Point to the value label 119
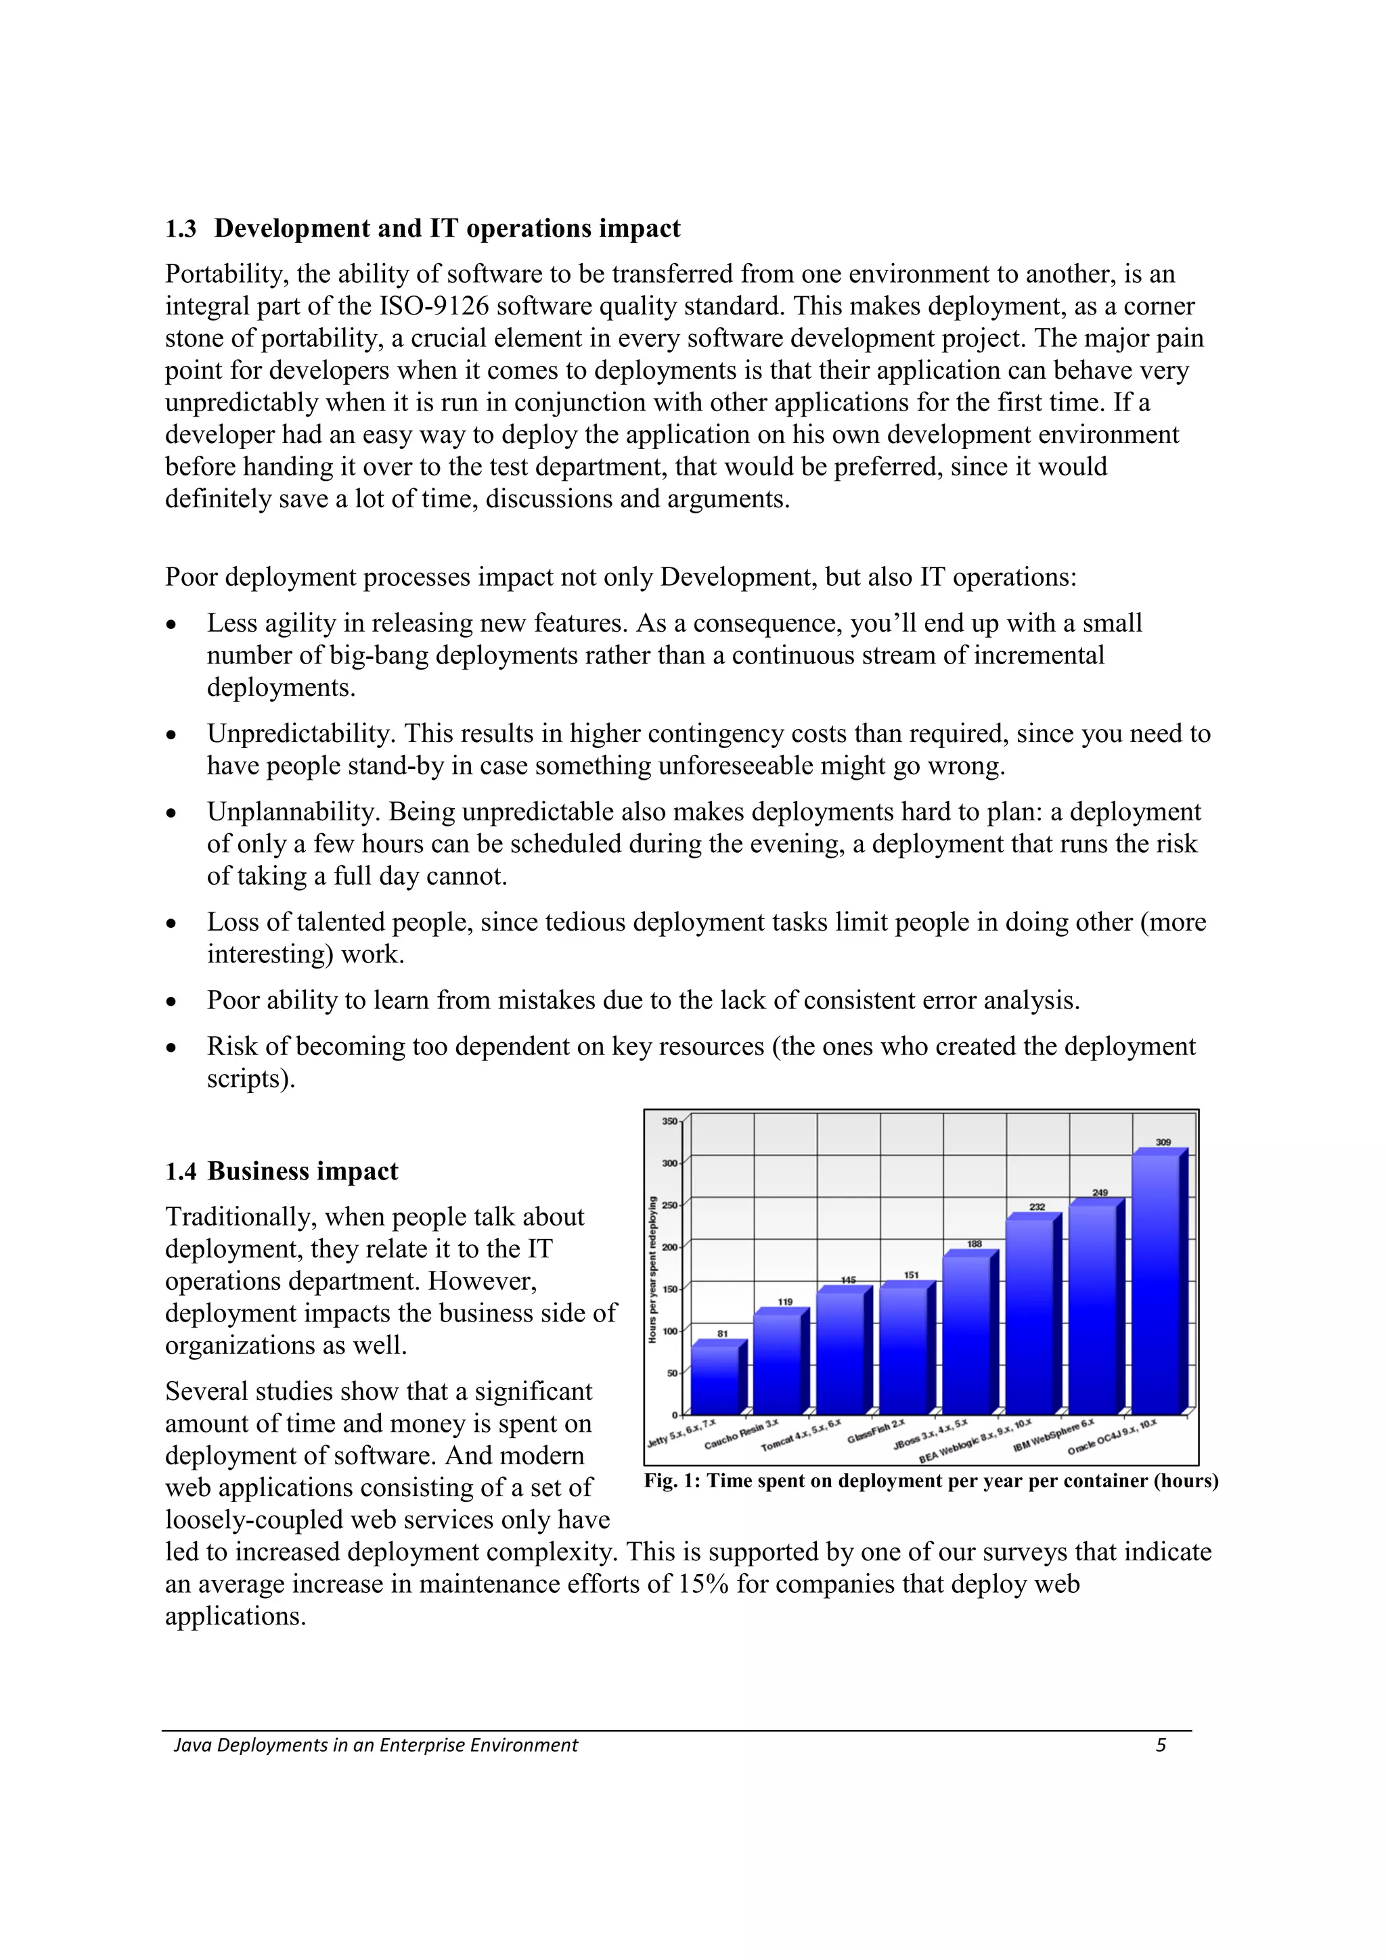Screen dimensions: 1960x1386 pyautogui.click(x=785, y=1302)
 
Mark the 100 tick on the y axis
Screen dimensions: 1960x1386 pyautogui.click(x=669, y=1331)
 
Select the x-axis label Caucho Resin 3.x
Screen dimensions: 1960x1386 pyautogui.click(x=741, y=1435)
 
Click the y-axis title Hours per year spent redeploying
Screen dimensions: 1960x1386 pyautogui.click(x=652, y=1269)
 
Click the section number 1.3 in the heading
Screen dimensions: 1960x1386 pyautogui.click(x=180, y=229)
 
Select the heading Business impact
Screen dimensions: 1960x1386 pyautogui.click(x=303, y=1171)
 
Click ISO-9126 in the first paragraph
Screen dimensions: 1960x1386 pyautogui.click(x=434, y=306)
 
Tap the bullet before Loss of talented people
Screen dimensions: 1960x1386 pyautogui.click(x=172, y=925)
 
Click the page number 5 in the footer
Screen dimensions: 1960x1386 pyautogui.click(x=1161, y=1745)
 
